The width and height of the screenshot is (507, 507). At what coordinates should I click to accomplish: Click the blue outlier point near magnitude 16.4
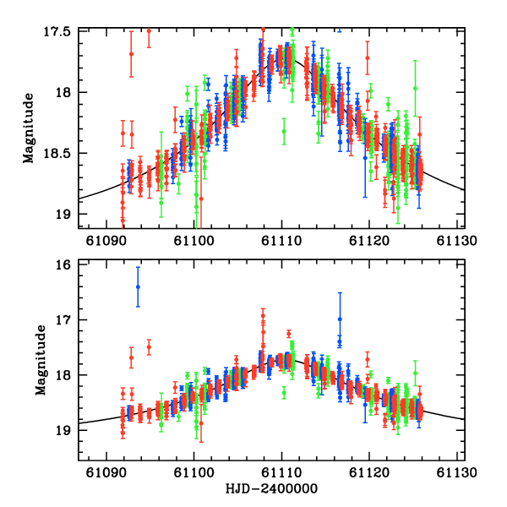point(138,286)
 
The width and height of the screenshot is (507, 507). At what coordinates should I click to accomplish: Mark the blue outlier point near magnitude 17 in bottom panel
point(340,319)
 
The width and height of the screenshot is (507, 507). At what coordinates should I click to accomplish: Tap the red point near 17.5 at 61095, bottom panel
point(149,346)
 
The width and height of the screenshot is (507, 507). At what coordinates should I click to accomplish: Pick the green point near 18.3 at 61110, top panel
point(284,131)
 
